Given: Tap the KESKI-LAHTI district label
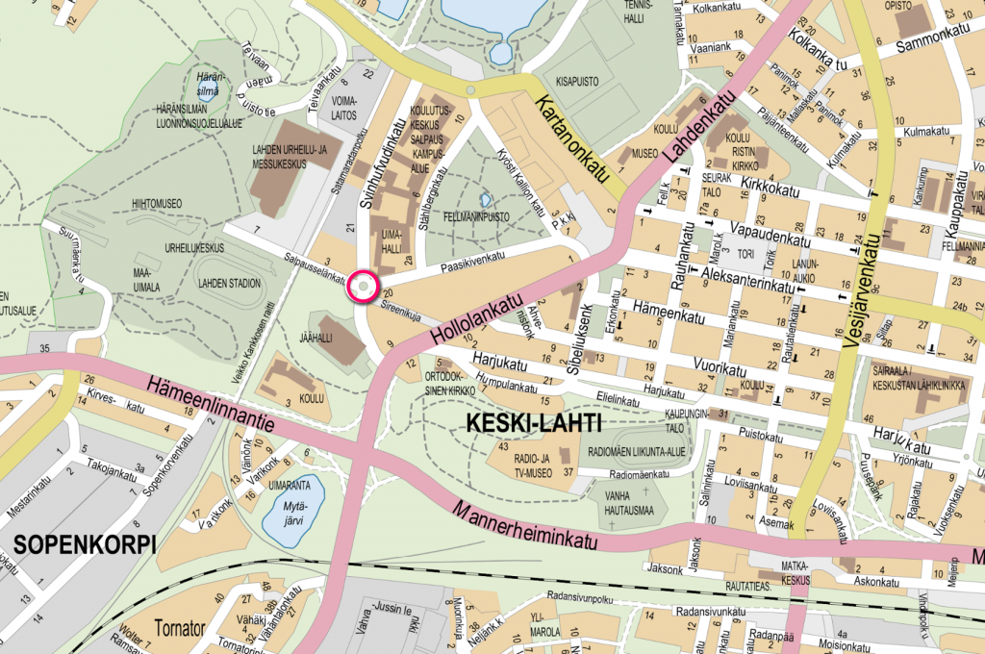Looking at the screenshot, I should (x=533, y=423).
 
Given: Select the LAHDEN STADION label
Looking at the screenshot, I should (x=229, y=284).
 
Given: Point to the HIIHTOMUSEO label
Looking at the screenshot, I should (x=157, y=204).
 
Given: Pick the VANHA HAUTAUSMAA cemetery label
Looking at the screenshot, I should (x=623, y=502).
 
